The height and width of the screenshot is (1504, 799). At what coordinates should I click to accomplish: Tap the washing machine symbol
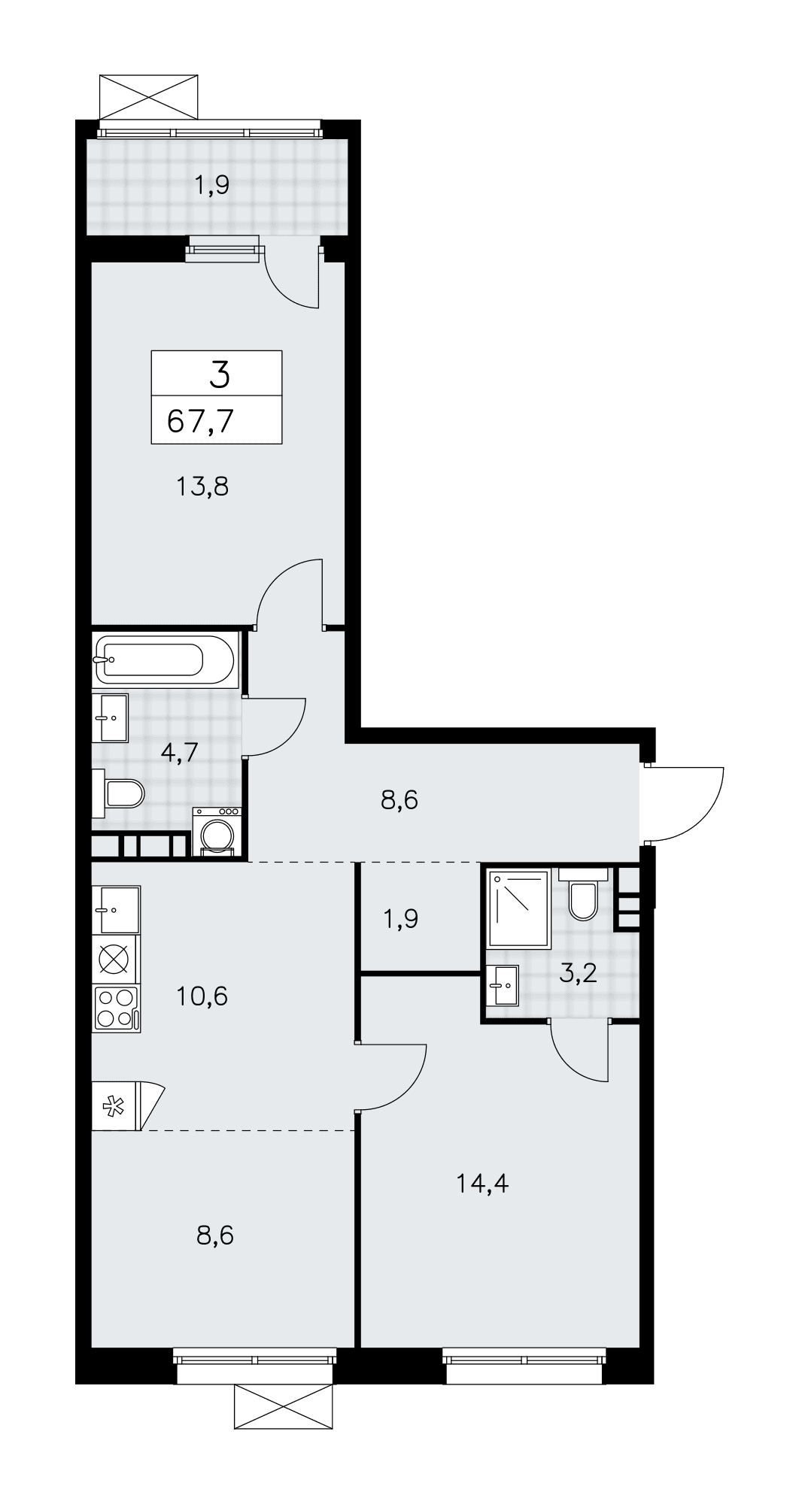[216, 832]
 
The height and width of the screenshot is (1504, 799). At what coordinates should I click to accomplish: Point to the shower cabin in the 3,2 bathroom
[519, 908]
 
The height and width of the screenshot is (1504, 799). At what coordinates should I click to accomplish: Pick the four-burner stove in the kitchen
[117, 1008]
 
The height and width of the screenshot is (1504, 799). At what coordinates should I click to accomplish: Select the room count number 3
[219, 374]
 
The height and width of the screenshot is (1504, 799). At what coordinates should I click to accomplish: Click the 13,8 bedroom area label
[202, 487]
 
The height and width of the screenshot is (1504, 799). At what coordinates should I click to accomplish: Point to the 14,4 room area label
[483, 1184]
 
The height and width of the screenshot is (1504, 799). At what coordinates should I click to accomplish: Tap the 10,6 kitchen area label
[202, 997]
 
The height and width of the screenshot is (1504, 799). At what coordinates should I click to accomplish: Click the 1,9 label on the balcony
[211, 185]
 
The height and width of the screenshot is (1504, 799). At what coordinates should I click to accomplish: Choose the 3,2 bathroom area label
[579, 975]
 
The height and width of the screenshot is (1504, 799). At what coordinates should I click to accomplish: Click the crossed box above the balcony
[149, 96]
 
